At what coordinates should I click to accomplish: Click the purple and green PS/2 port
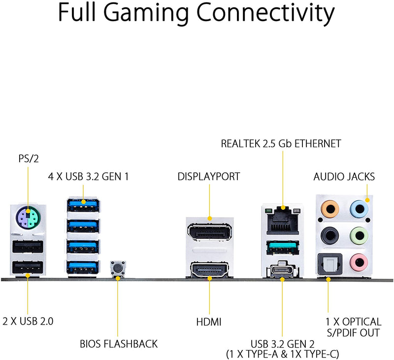tap(28, 217)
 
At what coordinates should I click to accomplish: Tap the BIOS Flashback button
tap(118, 268)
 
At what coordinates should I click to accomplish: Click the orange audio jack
tap(328, 207)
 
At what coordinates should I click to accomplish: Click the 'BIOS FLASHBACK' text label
tap(119, 343)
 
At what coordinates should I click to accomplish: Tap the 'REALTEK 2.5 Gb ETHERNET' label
tap(281, 144)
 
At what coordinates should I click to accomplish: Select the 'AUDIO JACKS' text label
tap(344, 176)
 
